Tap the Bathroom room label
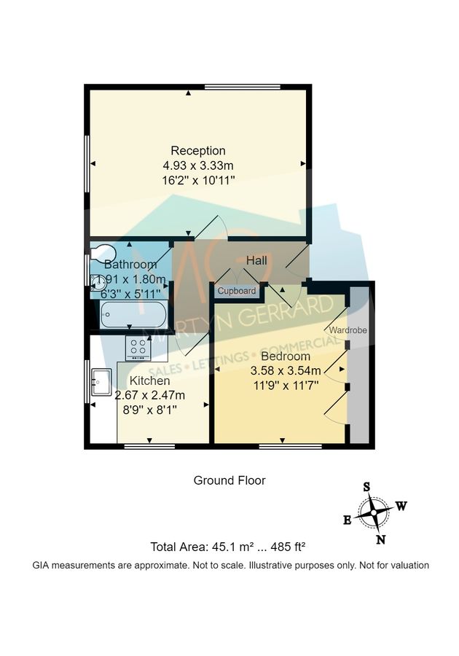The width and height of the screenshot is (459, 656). click(x=130, y=264)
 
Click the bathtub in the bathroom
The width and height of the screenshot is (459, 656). click(x=133, y=316)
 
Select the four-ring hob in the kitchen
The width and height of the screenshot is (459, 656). click(x=138, y=348)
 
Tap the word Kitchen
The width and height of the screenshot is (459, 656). click(x=149, y=380)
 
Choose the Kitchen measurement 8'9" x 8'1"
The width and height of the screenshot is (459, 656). click(x=149, y=410)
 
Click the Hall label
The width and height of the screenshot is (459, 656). click(x=256, y=260)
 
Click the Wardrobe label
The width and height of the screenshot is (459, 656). click(x=348, y=330)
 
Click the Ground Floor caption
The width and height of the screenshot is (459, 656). click(x=229, y=480)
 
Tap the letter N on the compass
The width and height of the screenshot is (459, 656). click(x=380, y=539)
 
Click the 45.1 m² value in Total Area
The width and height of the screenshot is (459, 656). click(x=221, y=547)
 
